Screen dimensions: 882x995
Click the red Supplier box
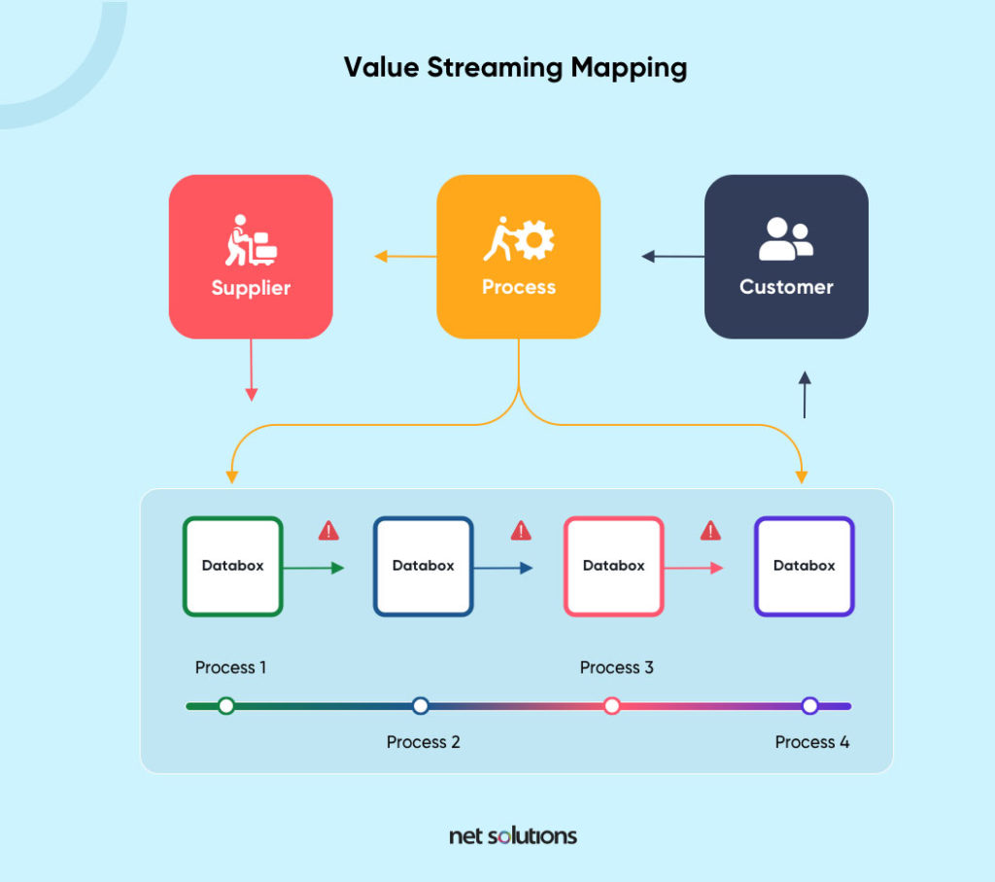tap(251, 257)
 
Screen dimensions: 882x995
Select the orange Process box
tap(518, 257)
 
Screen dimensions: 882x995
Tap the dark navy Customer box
tap(785, 257)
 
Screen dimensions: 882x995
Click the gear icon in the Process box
tap(534, 240)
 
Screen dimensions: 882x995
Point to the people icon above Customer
tap(785, 239)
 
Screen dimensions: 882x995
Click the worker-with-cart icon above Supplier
tap(251, 240)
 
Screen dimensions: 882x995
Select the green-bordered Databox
tap(232, 566)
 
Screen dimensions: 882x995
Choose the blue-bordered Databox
tap(423, 566)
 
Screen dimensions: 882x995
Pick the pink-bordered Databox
tap(613, 566)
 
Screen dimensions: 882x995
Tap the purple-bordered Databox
tap(804, 566)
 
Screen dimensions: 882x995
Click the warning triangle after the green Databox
tap(328, 531)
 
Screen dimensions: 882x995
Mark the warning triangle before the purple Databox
tap(710, 531)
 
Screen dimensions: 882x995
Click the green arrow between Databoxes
tap(313, 568)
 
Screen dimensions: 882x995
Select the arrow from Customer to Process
tap(672, 257)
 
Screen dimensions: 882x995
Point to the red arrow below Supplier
tap(251, 370)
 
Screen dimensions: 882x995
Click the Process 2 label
tap(423, 742)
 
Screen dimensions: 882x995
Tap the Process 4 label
tap(811, 742)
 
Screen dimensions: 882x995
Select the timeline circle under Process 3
tap(612, 706)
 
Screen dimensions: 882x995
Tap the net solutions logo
tap(513, 835)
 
